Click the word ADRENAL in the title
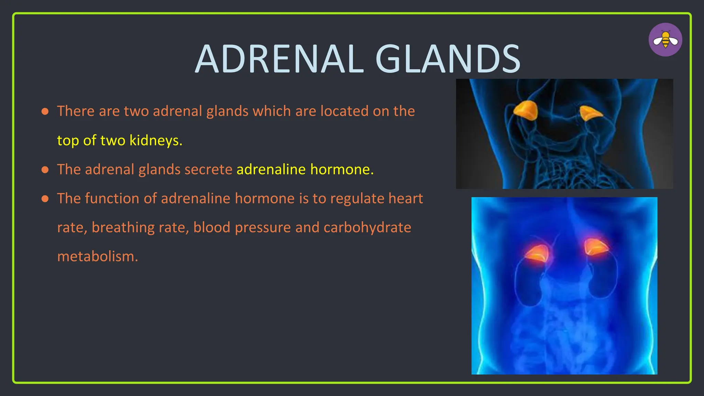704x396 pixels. point(279,59)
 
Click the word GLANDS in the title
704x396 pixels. point(448,59)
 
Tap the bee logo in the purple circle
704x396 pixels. point(665,40)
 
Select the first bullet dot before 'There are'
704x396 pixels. point(45,111)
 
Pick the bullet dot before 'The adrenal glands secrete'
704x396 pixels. point(45,169)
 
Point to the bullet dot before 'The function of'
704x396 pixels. point(45,199)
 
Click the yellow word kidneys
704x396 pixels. point(155,140)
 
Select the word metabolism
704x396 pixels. point(97,256)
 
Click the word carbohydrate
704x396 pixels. point(367,228)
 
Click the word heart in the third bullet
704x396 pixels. point(406,199)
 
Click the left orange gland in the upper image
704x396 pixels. point(526,110)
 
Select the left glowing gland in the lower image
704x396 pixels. point(538,254)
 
